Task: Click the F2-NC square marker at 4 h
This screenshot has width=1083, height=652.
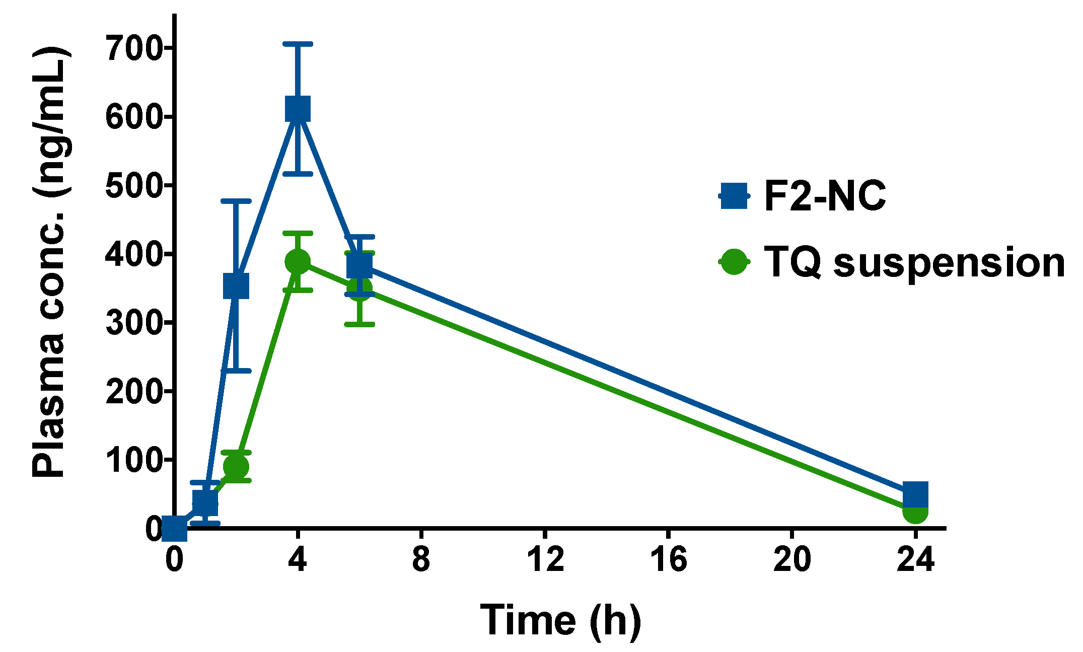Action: tap(298, 109)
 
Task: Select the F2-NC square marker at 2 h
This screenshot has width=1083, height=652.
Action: tap(236, 286)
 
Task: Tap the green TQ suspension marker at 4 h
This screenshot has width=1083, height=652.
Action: tap(298, 262)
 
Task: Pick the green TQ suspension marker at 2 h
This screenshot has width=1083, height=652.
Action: tap(236, 466)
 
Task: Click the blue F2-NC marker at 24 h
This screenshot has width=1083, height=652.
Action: tap(915, 494)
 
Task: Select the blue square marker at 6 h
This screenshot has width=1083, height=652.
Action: tap(359, 265)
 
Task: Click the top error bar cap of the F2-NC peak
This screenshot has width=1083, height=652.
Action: tap(298, 44)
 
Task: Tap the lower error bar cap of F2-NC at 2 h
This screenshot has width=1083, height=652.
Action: tap(236, 371)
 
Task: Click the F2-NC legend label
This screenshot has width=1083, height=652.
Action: tap(825, 196)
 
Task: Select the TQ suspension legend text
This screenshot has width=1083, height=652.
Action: tap(914, 263)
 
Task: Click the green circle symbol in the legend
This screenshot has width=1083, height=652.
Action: tap(734, 262)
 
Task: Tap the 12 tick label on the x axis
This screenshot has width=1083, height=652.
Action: tap(545, 559)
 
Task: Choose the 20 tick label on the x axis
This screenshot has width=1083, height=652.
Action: tap(792, 559)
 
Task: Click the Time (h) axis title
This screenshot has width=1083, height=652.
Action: tap(560, 621)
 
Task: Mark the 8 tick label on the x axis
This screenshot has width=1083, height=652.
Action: tap(421, 559)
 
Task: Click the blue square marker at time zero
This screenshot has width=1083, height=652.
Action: tap(174, 529)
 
